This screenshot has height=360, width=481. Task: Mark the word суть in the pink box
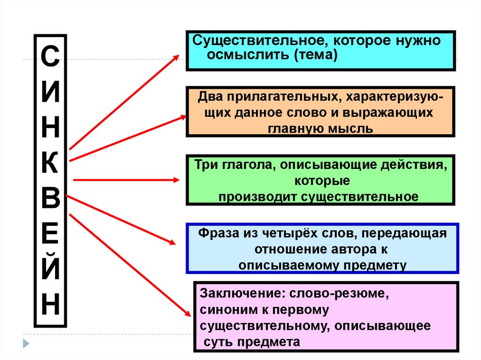tap(217, 342)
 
